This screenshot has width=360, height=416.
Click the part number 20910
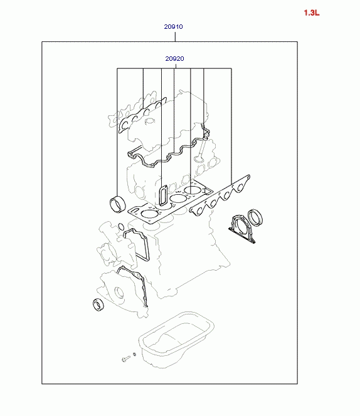173,26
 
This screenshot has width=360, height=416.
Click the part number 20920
174,58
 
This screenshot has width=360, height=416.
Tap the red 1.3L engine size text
312,13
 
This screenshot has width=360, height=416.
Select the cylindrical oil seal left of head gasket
117,204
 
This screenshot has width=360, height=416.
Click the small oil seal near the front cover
98,304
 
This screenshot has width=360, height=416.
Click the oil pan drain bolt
126,359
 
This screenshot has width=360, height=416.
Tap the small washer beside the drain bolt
134,355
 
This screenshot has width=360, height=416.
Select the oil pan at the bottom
176,340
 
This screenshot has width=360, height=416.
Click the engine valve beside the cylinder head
200,149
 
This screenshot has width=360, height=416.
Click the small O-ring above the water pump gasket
121,227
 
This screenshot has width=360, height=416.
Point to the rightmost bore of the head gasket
192,190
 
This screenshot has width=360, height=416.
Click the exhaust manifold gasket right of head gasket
220,195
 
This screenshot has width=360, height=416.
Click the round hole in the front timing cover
119,293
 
